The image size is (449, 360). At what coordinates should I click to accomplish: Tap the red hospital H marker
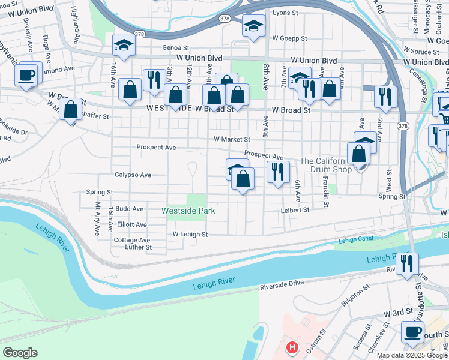(x=292, y=347)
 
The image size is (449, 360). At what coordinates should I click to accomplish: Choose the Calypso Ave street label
(x=133, y=175)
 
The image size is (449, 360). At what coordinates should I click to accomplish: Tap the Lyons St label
(x=285, y=12)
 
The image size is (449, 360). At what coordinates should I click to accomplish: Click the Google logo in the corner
(x=19, y=353)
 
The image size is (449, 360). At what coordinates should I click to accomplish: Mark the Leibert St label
(x=294, y=210)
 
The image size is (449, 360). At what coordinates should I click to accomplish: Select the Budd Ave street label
(x=130, y=209)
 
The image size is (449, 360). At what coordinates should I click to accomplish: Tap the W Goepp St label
(x=288, y=38)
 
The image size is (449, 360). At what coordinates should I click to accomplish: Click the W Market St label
(x=232, y=139)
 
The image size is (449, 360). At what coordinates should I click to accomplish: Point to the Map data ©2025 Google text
(x=412, y=355)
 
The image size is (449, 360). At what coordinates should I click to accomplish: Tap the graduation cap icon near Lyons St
(x=254, y=26)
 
